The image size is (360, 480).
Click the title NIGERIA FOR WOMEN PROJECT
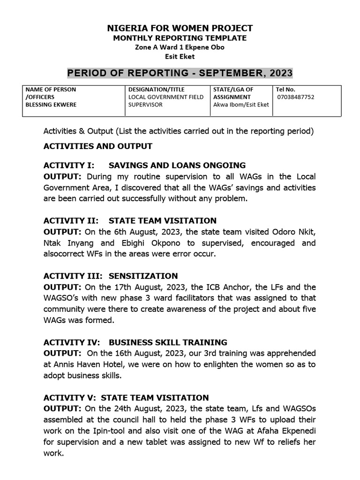[180, 28]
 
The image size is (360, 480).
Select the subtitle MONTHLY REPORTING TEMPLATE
[180, 38]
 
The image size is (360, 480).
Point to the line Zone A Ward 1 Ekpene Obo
[180, 47]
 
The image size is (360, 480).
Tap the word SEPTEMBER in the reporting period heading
[233, 73]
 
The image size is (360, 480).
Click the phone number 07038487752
[296, 97]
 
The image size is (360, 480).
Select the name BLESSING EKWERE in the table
[51, 105]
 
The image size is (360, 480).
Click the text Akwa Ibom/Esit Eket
[241, 105]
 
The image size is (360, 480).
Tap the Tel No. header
[286, 89]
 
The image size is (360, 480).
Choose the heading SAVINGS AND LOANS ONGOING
[177, 165]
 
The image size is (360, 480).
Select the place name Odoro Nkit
[293, 232]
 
